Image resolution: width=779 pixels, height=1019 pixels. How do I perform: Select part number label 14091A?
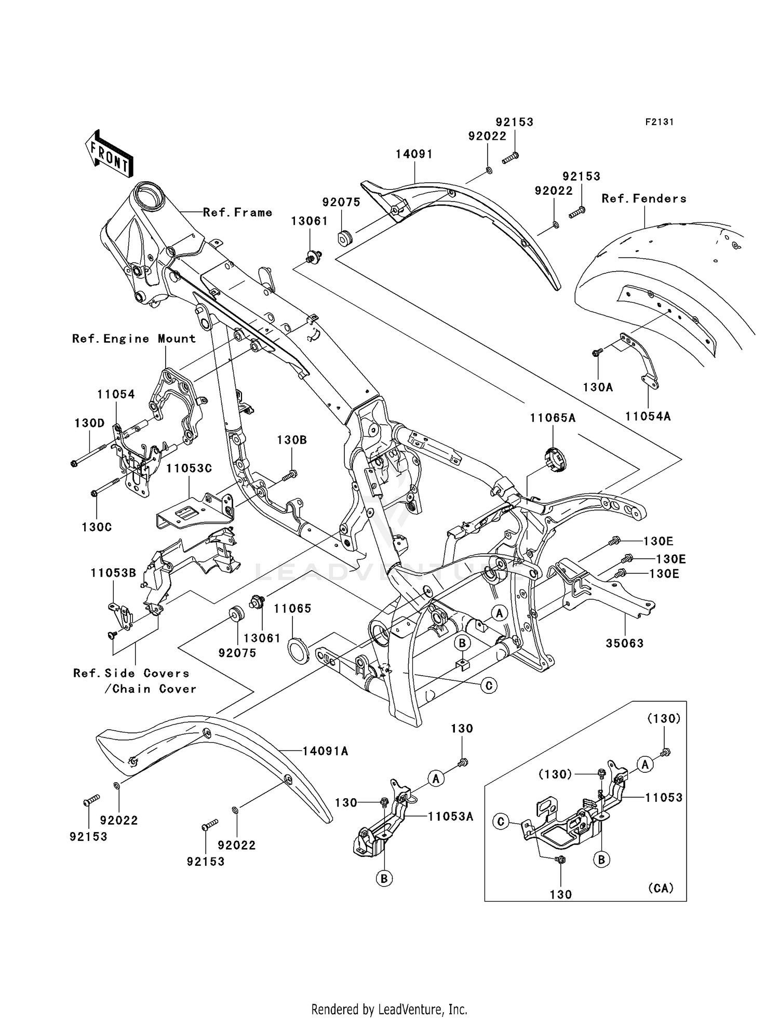coord(325,751)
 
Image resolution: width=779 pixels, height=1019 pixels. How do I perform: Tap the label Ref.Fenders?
coord(644,198)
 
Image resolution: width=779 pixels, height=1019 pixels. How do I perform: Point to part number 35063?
coord(624,643)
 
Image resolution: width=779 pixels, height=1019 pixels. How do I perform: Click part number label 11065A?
coord(553,418)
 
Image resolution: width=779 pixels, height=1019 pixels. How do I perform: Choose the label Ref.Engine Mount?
coord(134,339)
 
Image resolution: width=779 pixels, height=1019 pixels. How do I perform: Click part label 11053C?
coord(189,468)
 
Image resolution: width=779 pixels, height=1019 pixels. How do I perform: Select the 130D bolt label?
coord(89,423)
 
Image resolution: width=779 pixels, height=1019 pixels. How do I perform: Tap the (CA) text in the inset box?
coord(661,888)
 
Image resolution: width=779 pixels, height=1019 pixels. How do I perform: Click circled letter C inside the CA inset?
coord(501,822)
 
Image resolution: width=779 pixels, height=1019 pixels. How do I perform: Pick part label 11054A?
coord(648,416)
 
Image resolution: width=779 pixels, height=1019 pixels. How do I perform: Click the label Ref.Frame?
coord(237,212)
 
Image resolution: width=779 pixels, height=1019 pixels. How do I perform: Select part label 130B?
coord(291,440)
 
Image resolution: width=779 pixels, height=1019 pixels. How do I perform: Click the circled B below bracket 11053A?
coord(384,878)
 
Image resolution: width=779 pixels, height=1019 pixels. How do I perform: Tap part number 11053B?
coord(113,573)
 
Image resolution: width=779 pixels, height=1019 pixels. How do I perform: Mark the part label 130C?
coord(97,527)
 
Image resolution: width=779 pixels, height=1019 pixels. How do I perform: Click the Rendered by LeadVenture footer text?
coord(389,1009)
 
